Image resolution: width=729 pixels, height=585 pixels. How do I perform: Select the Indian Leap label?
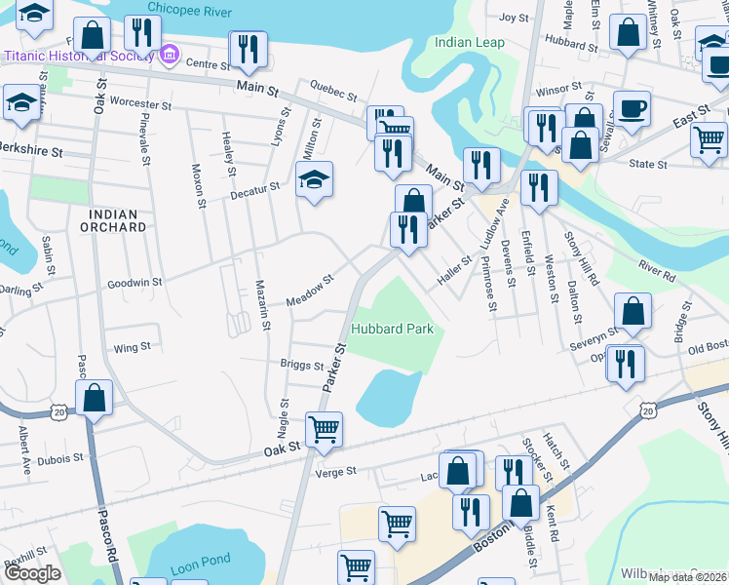point(468,42)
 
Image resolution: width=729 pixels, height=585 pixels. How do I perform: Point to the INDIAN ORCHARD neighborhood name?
point(117,220)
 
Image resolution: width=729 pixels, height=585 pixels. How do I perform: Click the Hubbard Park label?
point(393,330)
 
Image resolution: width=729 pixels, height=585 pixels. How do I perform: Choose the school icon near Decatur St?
point(314,179)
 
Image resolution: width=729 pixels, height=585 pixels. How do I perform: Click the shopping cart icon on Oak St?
point(324,427)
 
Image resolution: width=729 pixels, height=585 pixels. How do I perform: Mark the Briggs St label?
point(302,366)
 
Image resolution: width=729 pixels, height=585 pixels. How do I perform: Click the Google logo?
point(32,573)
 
